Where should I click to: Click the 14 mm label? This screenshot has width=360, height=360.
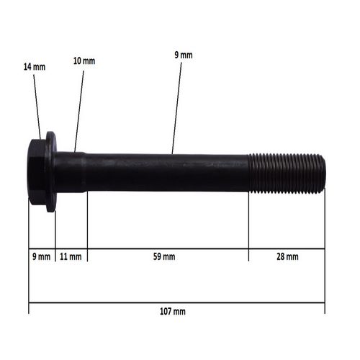tap(35, 67)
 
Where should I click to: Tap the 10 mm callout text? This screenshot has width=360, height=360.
tap(84, 60)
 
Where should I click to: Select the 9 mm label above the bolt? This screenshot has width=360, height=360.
tap(184, 55)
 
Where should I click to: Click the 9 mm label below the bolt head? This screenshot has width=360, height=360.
tap(41, 256)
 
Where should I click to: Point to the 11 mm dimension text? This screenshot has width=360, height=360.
tap(71, 256)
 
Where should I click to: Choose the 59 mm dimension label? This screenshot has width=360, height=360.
tap(164, 256)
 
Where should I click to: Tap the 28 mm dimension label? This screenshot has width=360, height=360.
tap(287, 256)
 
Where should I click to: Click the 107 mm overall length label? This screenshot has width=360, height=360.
tap(173, 312)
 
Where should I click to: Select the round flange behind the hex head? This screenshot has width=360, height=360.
tap(51, 172)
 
